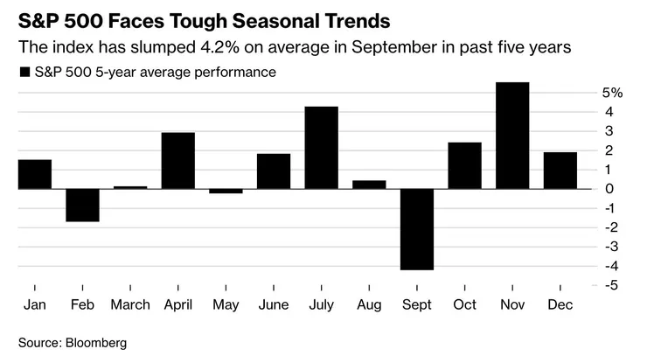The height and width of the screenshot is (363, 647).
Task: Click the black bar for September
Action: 416,229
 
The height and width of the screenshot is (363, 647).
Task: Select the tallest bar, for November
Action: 512,136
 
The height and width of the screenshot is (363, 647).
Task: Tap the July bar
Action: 321,147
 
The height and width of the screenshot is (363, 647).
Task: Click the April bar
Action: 177,160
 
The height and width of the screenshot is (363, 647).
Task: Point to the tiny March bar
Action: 130,187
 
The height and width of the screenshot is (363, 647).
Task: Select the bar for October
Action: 464,165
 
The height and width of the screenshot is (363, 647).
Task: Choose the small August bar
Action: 369,184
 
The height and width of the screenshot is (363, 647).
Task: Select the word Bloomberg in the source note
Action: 98,343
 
